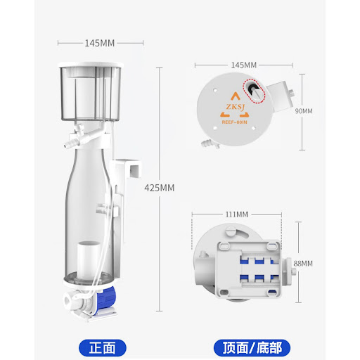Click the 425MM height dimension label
(160, 188)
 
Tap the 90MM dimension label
(304, 111)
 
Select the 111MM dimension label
(237, 214)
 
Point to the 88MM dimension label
(303, 264)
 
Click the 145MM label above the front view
(100, 43)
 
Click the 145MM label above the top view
(244, 65)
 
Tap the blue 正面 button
(103, 348)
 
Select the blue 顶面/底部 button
(252, 348)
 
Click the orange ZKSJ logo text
(235, 107)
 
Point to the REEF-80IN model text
(234, 122)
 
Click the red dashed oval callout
(254, 91)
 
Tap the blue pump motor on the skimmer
(106, 299)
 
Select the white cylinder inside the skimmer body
(89, 259)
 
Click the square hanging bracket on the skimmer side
(134, 169)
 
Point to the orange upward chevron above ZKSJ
(236, 96)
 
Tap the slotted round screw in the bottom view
(231, 231)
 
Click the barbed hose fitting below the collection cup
(72, 143)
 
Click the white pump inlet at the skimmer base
(69, 301)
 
